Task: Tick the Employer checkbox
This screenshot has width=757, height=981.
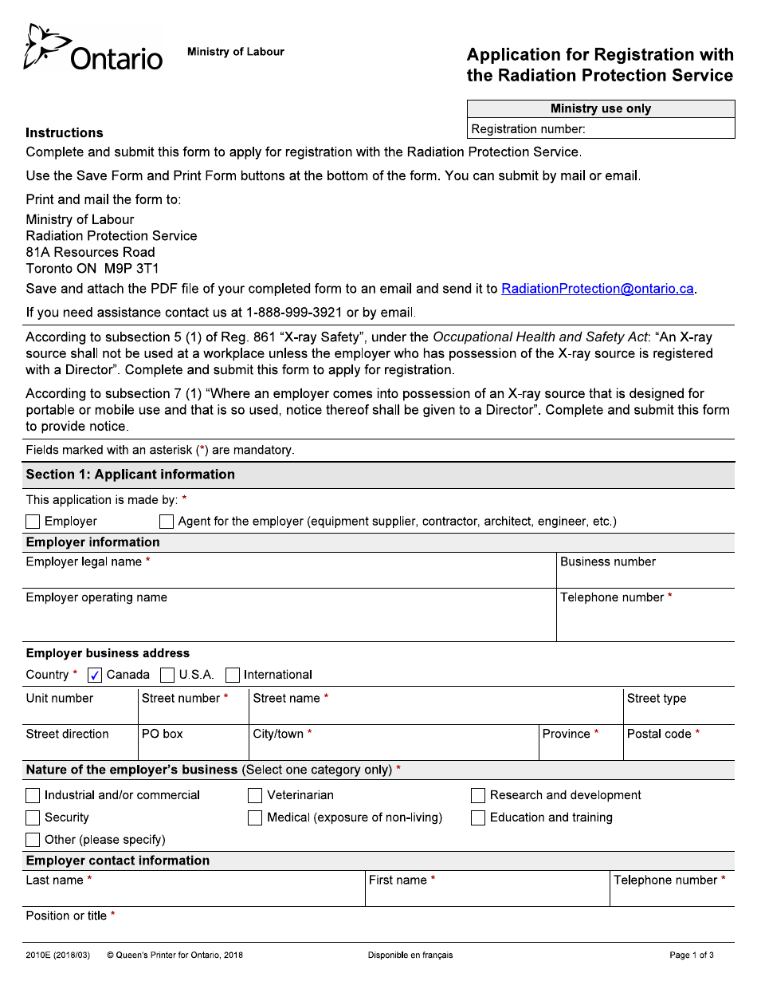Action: (33, 522)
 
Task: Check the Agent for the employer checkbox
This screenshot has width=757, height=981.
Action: (167, 522)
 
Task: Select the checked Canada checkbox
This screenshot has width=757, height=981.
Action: (95, 675)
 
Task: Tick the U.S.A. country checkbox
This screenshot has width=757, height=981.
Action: (167, 675)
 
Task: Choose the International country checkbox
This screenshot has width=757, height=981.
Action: (233, 675)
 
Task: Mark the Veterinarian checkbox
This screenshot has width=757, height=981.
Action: (255, 795)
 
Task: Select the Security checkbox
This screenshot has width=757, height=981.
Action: (33, 817)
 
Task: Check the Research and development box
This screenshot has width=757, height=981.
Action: (478, 795)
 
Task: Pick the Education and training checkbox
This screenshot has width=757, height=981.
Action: (478, 817)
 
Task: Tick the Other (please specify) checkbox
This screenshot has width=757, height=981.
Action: (33, 840)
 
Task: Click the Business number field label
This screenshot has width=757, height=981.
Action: (607, 561)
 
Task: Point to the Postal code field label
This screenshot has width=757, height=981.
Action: (659, 734)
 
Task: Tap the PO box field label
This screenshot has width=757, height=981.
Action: (162, 734)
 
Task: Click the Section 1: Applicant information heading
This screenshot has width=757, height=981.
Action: (130, 475)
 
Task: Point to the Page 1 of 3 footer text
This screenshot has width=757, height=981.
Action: (691, 955)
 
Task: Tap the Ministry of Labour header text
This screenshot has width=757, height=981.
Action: (235, 52)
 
